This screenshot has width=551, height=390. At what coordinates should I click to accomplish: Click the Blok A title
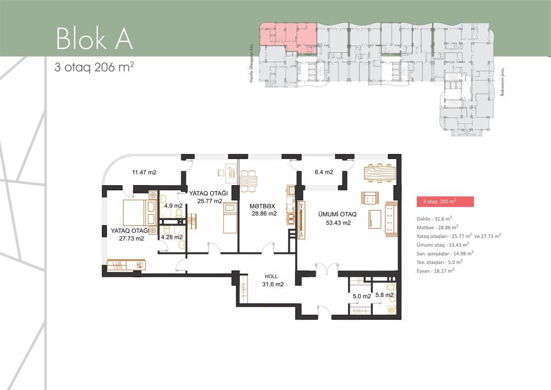[x=94, y=38]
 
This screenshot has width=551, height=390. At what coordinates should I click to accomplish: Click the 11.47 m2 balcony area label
[x=144, y=173]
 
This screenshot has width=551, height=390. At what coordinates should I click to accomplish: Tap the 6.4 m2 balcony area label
[x=324, y=172]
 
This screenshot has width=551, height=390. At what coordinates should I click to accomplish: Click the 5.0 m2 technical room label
[x=361, y=296]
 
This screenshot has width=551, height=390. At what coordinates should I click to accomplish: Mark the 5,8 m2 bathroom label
[x=384, y=296]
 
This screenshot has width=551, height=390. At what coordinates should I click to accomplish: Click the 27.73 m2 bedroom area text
[x=127, y=238]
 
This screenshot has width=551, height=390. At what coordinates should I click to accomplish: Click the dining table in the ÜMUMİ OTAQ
[x=379, y=173]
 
